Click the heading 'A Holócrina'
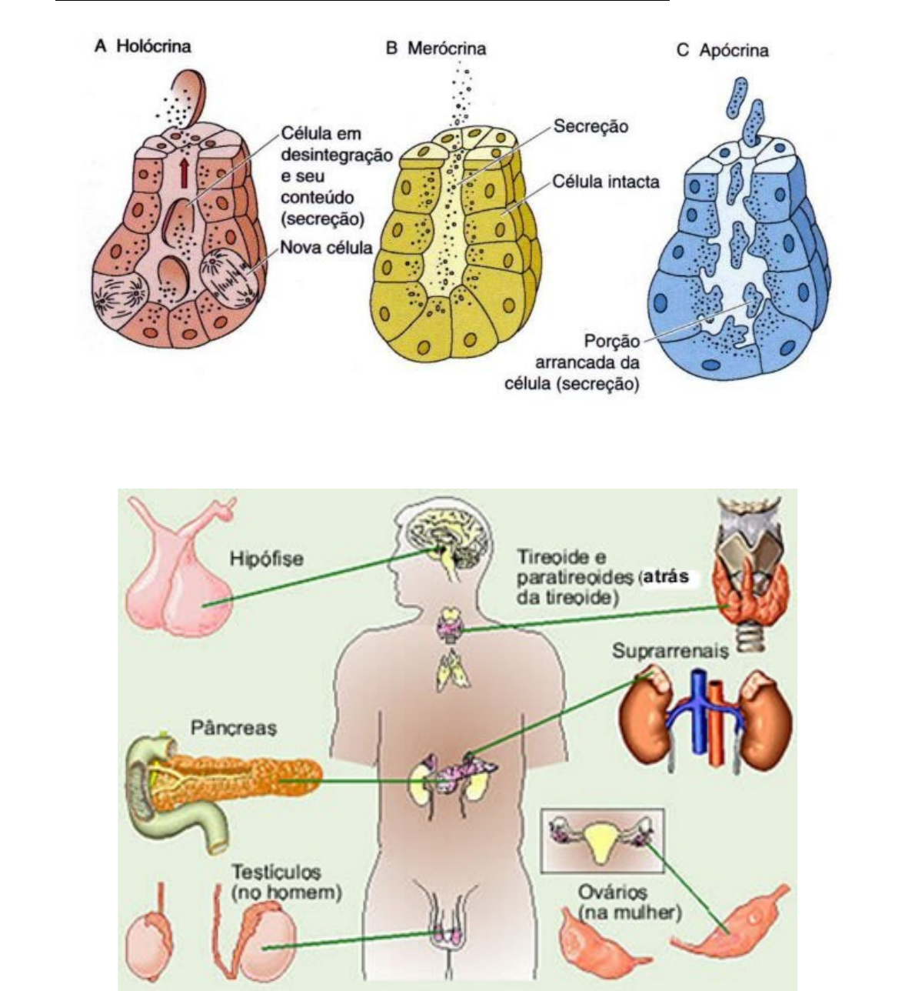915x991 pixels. click(142, 46)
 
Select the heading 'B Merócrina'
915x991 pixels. click(435, 48)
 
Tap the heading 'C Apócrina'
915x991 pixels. click(722, 51)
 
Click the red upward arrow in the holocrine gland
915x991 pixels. click(184, 172)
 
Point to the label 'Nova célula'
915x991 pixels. click(326, 248)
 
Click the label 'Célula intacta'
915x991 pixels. click(606, 182)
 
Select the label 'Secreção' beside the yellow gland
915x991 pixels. click(591, 126)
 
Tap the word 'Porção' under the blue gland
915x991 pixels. click(612, 341)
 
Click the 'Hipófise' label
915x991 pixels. click(267, 559)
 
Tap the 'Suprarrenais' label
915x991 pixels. click(670, 651)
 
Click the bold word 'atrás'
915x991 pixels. click(666, 576)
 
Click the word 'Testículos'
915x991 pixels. click(277, 873)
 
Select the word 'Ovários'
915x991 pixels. click(612, 893)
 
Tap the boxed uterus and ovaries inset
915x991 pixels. click(601, 839)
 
